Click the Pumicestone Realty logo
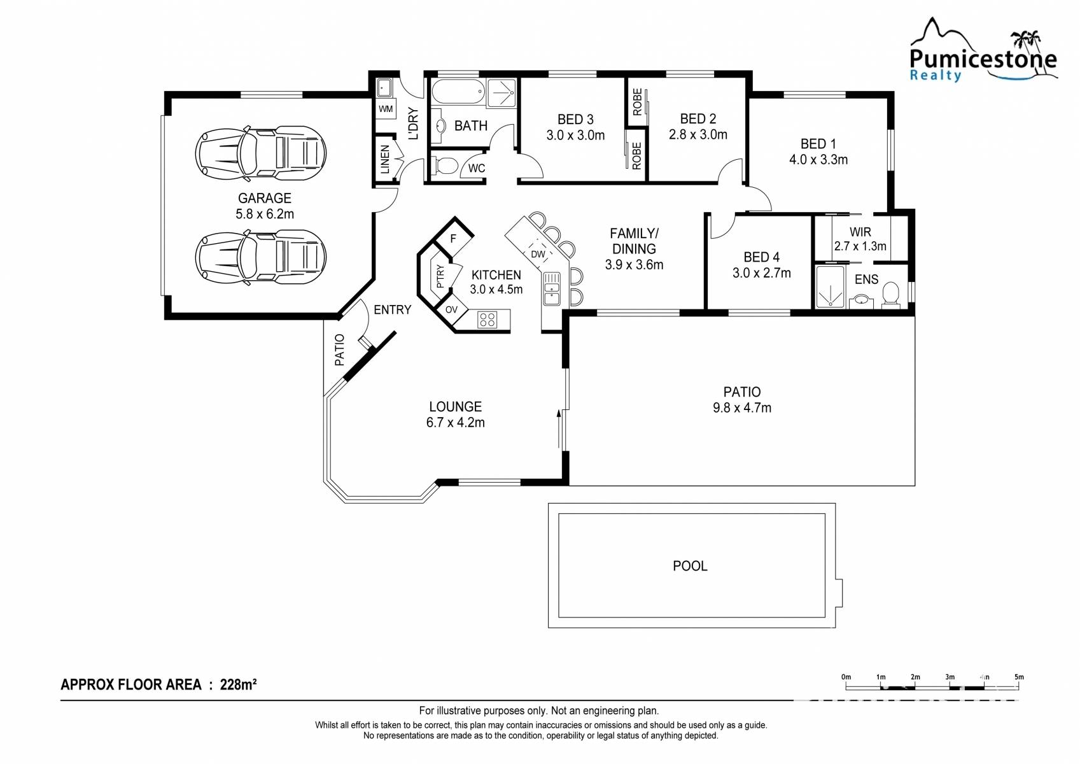click(983, 51)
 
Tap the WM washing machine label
click(386, 109)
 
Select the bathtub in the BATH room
click(458, 92)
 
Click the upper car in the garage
click(261, 154)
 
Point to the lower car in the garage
click(261, 257)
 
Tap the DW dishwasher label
click(538, 254)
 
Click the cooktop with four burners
click(487, 320)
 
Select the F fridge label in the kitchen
click(452, 238)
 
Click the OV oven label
click(451, 309)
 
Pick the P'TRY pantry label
click(440, 276)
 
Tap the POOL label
click(690, 566)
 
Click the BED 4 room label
click(761, 257)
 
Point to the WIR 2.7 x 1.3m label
click(860, 239)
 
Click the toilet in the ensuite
click(890, 295)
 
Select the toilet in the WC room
click(445, 166)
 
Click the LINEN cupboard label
click(385, 159)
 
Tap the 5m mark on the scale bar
click(1019, 677)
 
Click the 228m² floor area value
click(238, 684)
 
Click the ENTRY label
click(393, 309)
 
